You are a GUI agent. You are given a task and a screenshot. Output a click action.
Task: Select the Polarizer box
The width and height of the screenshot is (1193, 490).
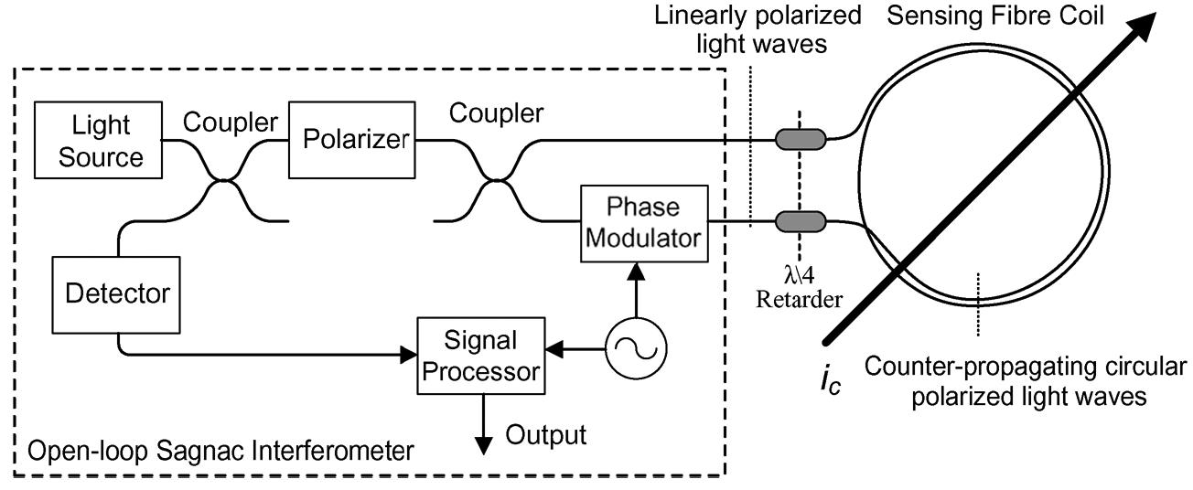(x=349, y=141)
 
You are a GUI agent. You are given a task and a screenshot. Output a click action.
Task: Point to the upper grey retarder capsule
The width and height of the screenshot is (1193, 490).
(x=800, y=140)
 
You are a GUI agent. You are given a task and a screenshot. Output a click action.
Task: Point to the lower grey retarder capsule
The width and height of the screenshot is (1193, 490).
(x=800, y=222)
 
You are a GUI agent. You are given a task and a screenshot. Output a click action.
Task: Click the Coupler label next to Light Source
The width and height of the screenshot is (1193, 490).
(x=230, y=122)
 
